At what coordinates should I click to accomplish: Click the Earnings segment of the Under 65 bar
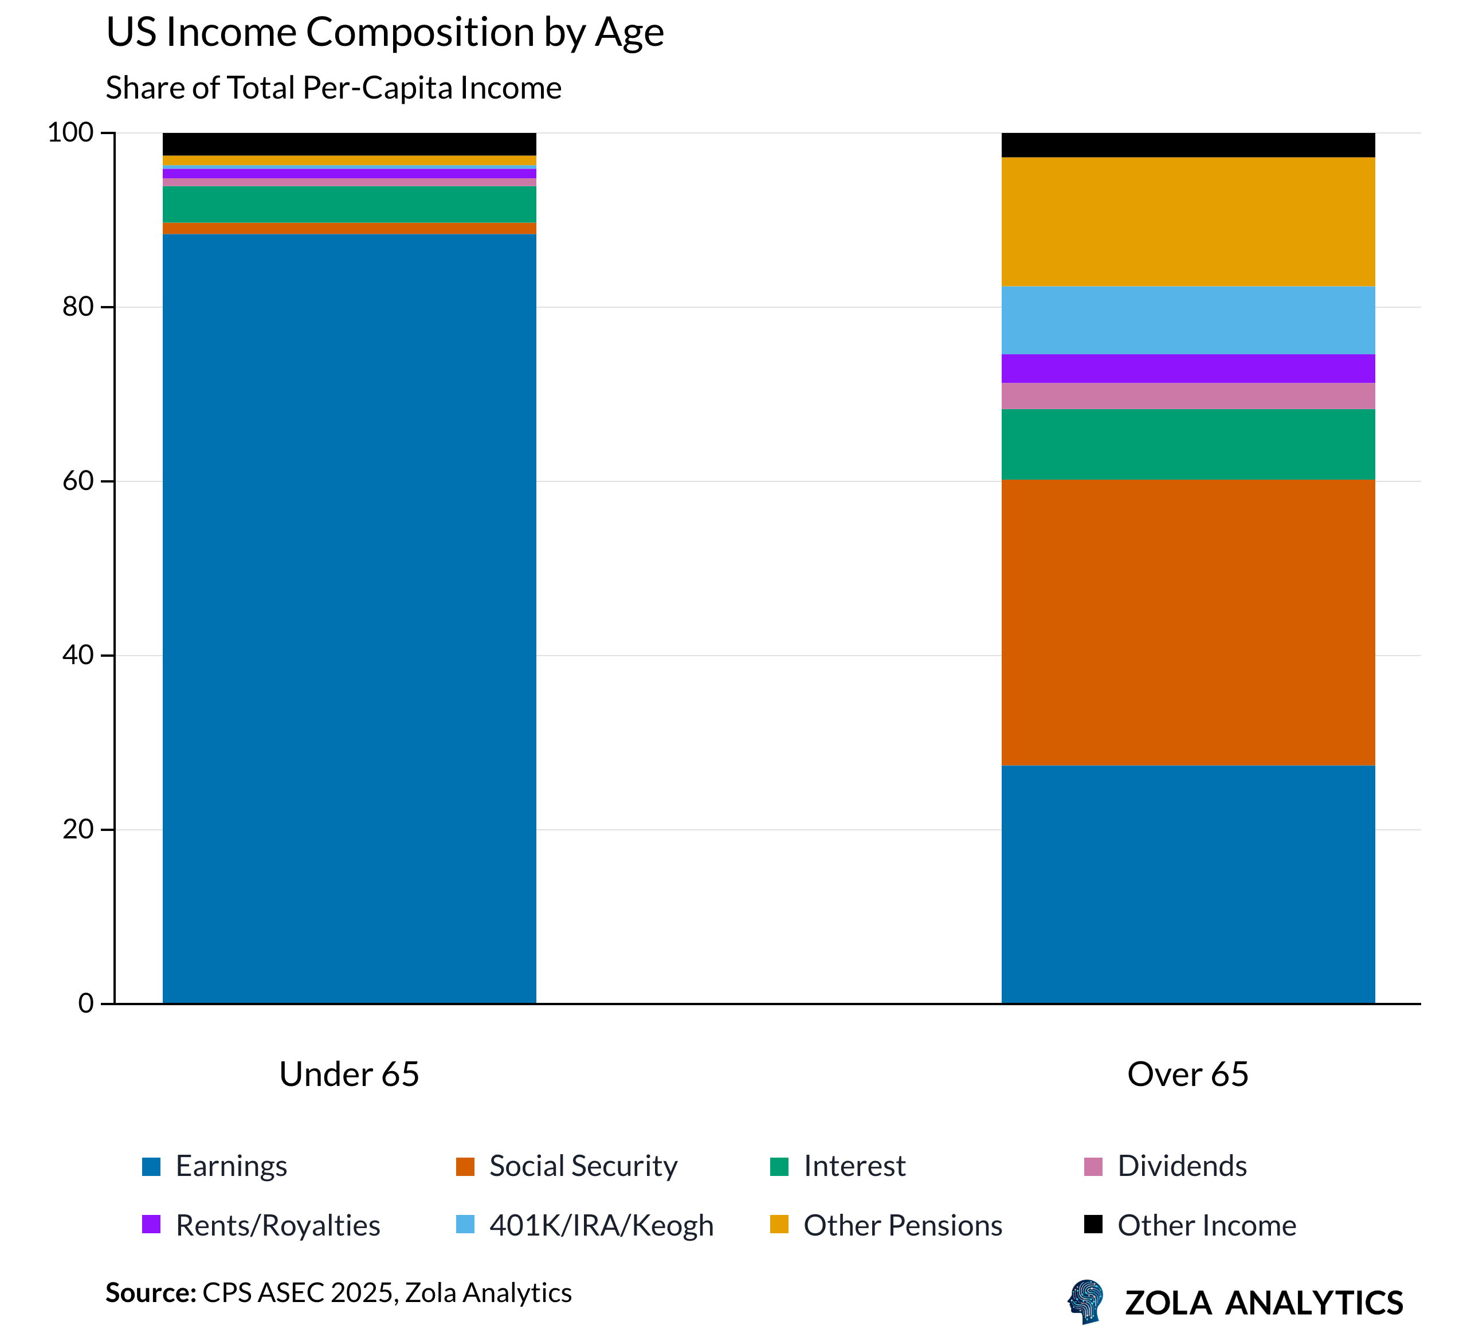[350, 618]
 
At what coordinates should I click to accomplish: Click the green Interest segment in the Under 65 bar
[350, 205]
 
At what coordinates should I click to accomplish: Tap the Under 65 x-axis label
[350, 1075]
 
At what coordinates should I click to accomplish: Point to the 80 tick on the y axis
[79, 307]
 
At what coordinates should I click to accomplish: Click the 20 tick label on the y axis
[79, 829]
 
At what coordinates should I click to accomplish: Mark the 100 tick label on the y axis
[71, 132]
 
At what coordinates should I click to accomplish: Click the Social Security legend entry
[582, 1166]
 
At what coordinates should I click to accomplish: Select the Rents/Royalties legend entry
[277, 1226]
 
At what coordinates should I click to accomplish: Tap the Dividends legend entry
[1181, 1166]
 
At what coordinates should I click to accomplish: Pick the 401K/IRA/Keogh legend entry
[601, 1226]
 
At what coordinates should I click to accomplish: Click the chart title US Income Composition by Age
[385, 33]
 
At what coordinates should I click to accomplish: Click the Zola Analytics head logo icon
[1086, 1301]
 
